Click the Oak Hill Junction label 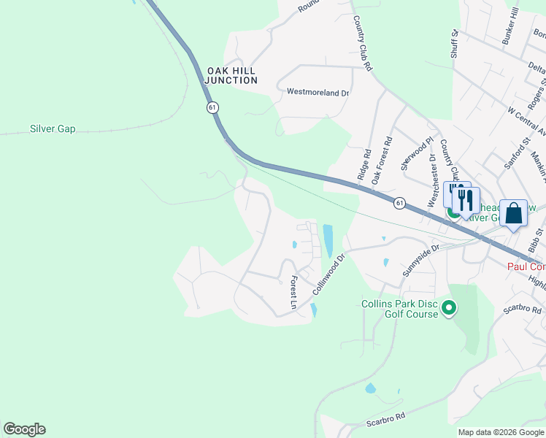click(x=231, y=74)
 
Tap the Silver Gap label click(x=53, y=129)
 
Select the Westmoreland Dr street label click(x=318, y=93)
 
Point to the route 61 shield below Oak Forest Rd click(x=399, y=203)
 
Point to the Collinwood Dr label click(x=328, y=274)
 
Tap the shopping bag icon click(x=513, y=213)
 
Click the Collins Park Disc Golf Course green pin click(x=449, y=309)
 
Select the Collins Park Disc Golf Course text click(x=399, y=309)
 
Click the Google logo click(x=24, y=429)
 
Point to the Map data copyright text click(x=501, y=432)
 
